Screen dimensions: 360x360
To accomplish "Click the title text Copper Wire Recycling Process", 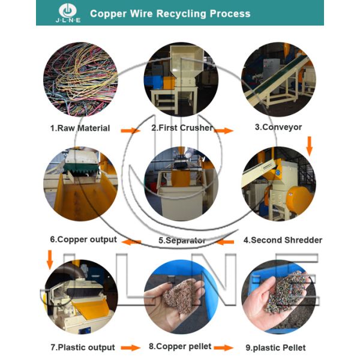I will (x=170, y=13).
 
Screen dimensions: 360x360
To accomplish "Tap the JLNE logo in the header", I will (x=67, y=13).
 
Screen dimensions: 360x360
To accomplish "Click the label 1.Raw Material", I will (x=80, y=128).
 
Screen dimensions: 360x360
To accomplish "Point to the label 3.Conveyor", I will (x=278, y=127).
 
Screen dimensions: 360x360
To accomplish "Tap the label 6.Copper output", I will (x=83, y=240).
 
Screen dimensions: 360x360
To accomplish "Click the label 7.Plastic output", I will (x=83, y=347).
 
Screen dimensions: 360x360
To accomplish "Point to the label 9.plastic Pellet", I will (x=276, y=347).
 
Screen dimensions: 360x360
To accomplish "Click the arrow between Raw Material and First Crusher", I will (x=130, y=130).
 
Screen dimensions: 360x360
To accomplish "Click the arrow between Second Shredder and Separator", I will (x=226, y=242).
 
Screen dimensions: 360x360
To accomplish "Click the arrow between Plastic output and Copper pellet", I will (x=130, y=348).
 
